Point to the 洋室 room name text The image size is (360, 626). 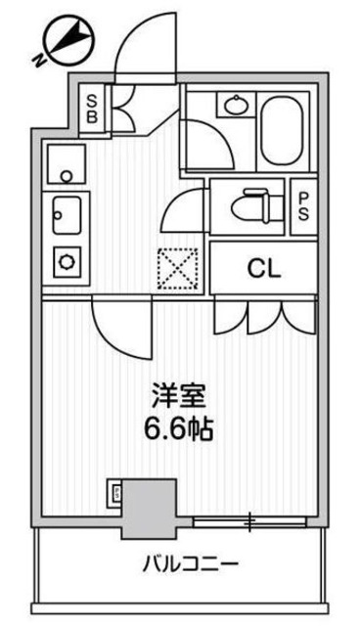tap(178, 400)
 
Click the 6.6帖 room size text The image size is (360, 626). tap(178, 428)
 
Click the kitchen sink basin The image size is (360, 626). tap(67, 211)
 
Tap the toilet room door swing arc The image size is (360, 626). tap(184, 208)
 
